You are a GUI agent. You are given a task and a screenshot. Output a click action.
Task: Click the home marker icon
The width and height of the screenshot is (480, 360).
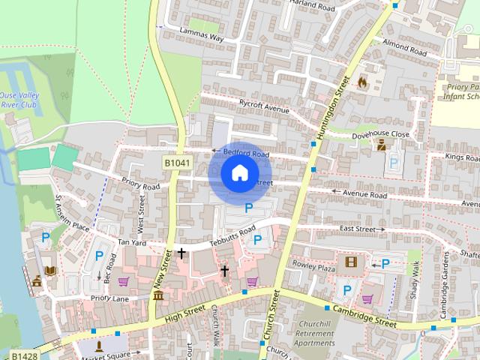coord(239,172)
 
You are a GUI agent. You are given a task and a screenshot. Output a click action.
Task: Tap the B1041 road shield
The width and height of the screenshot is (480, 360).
coord(175,163)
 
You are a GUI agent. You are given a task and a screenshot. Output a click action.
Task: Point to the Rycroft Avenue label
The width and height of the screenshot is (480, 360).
coord(264,109)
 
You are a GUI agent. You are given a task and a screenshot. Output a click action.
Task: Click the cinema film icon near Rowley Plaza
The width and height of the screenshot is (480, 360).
coord(349,262)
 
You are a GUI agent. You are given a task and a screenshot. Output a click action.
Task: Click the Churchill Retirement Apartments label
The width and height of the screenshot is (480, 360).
coord(314,334)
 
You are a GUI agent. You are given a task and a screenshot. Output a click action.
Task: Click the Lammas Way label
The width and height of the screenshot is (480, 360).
coord(202,35)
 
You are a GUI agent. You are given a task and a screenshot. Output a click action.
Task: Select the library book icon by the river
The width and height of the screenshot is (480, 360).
coord(50,270)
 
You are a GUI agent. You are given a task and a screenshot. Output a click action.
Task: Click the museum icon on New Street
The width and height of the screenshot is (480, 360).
coord(158,296)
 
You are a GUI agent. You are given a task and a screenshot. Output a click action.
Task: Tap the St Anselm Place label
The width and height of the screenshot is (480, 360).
coord(72,216)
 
